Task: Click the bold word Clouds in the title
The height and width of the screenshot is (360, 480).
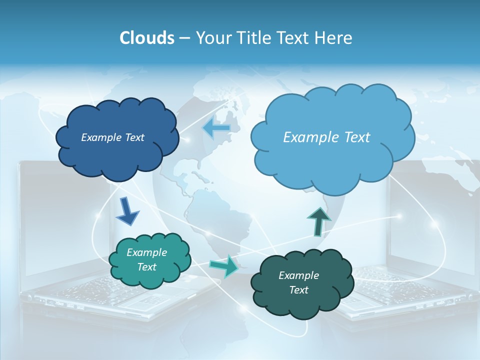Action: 146,38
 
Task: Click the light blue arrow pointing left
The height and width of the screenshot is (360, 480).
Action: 216,128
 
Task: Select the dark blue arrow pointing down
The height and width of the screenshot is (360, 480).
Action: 127,211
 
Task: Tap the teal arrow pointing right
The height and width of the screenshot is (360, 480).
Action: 224,266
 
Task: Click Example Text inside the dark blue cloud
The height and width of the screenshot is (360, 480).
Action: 112,137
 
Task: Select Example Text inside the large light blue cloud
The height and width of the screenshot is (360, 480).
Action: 326,137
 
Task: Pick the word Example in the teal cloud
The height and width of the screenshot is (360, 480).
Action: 146,252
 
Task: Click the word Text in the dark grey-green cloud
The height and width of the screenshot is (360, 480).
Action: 298,290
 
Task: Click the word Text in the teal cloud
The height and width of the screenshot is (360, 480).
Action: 146,267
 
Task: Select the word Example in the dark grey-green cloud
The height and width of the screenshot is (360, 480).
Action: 298,275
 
